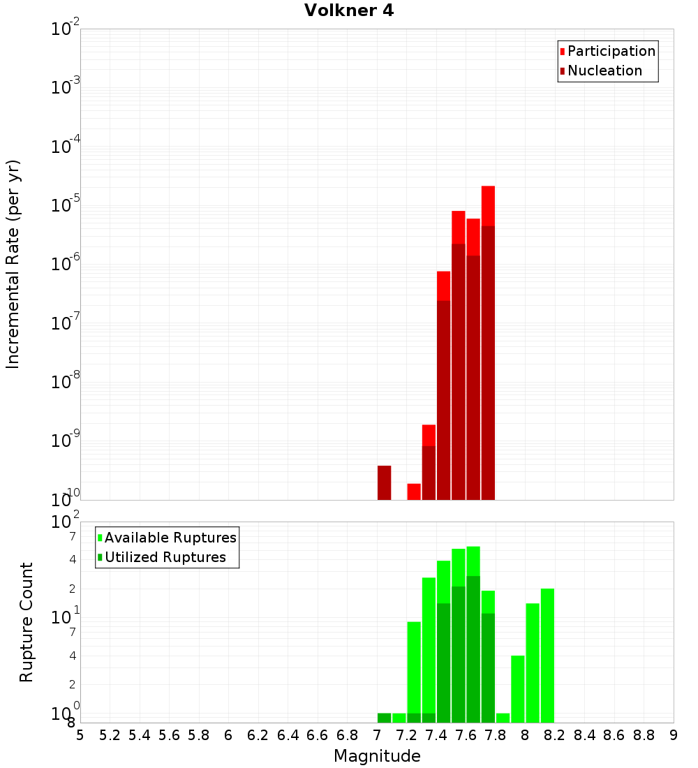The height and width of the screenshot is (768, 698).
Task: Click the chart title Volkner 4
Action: coord(349,11)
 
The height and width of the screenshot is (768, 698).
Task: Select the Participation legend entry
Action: coord(607,51)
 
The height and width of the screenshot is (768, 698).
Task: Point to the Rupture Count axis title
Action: coord(27,622)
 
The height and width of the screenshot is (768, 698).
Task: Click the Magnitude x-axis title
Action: coord(377,756)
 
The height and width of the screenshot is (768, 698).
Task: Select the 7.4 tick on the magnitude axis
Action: coord(436,735)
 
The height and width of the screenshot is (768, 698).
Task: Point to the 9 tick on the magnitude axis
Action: coord(674,735)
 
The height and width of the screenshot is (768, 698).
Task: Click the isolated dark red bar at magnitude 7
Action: coord(384,482)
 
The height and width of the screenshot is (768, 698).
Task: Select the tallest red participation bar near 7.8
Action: coord(488,206)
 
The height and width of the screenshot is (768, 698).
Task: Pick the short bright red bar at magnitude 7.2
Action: coord(414,492)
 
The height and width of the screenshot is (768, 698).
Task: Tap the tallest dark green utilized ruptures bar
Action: coord(473,649)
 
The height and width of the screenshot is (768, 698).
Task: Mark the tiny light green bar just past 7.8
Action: coord(503,718)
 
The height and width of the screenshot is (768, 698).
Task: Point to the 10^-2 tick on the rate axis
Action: coord(66,29)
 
